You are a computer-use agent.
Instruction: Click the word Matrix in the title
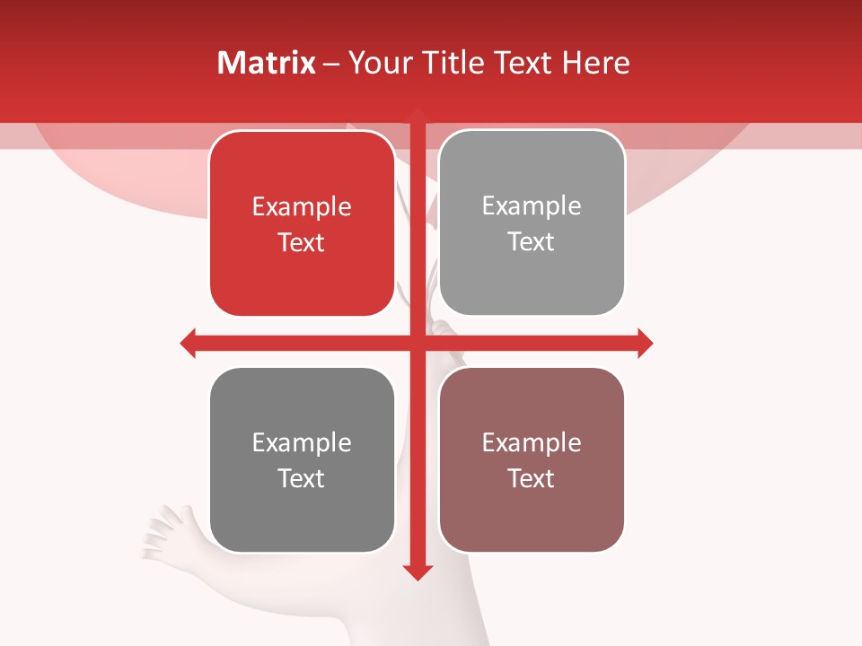coord(266,63)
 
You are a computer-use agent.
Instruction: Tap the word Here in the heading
coord(595,63)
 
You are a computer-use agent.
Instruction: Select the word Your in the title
coord(376,63)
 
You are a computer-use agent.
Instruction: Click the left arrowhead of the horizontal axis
coord(189,343)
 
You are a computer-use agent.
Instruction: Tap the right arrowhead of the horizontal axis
coord(645,343)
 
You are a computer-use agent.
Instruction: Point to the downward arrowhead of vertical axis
coord(418,572)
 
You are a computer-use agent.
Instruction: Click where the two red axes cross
coord(418,343)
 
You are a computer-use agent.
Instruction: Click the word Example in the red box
coord(302,207)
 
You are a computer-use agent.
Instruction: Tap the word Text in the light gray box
coord(532,242)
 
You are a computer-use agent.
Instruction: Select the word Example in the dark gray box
coord(302,443)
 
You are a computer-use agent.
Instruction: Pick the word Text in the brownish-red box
coord(532,478)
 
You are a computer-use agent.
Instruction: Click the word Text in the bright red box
coord(302,243)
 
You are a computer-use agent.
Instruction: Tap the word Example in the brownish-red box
coord(532,443)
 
